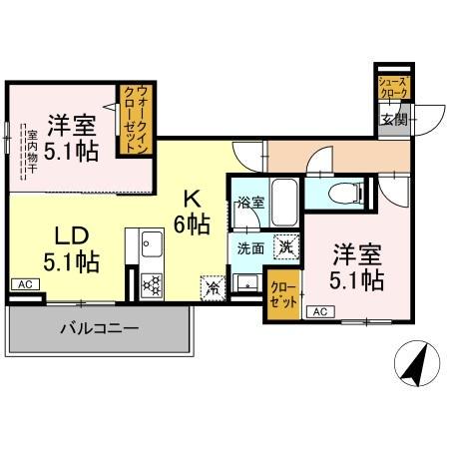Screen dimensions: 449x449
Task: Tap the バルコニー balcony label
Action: [x=98, y=326]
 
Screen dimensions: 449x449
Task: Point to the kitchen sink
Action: [x=152, y=243]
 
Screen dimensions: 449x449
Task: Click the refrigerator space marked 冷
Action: [x=211, y=285]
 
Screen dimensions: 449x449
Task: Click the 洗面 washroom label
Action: [x=248, y=247]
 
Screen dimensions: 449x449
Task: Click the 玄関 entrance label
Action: [x=392, y=121]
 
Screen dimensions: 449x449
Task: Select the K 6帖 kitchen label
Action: [x=191, y=212]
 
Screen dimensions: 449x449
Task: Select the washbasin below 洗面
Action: [x=248, y=282]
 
